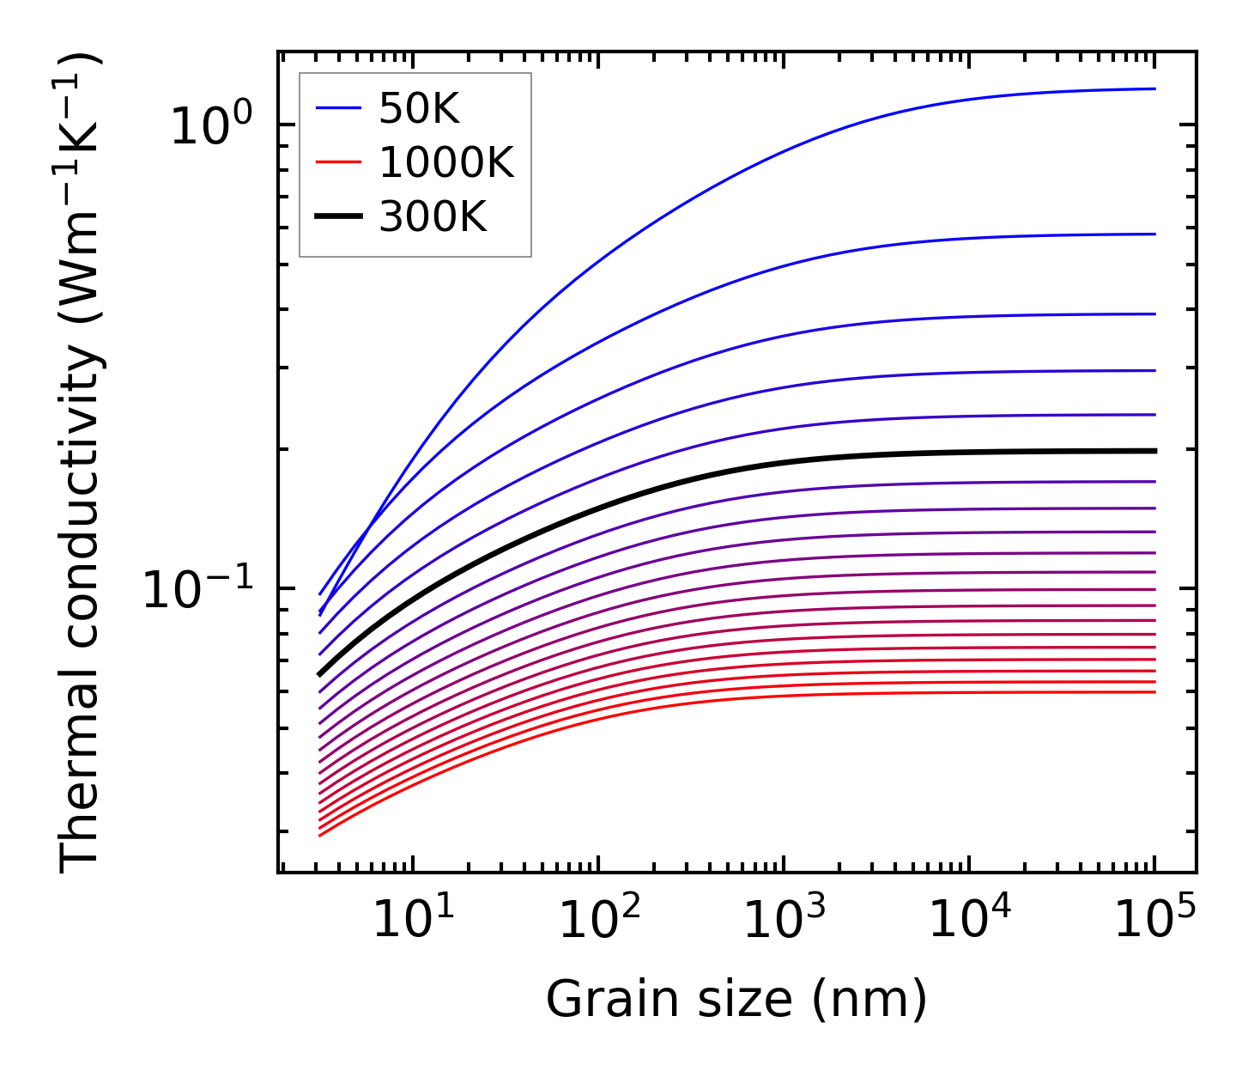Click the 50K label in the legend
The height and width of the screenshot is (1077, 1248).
(x=419, y=109)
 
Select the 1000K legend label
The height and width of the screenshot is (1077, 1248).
(x=446, y=163)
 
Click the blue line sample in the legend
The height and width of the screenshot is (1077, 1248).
(x=339, y=108)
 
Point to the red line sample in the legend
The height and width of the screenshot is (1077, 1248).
(x=339, y=162)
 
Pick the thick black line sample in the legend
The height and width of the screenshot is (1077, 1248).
(x=339, y=216)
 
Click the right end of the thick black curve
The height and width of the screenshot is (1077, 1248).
(x=1155, y=451)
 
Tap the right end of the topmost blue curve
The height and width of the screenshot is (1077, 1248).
(x=1155, y=88)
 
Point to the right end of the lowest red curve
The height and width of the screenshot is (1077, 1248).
(x=1155, y=692)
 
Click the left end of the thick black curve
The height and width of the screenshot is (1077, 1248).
(x=319, y=675)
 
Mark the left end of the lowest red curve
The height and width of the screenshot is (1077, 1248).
(x=319, y=836)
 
